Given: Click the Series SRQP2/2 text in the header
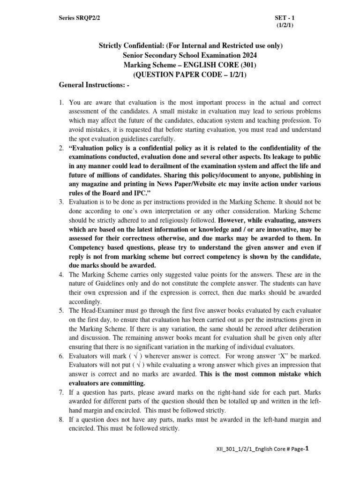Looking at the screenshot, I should (x=79, y=17).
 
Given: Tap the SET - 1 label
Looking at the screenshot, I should (x=284, y=17).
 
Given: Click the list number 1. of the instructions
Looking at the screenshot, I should (x=61, y=102).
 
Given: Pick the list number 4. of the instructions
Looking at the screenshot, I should (x=61, y=274).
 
